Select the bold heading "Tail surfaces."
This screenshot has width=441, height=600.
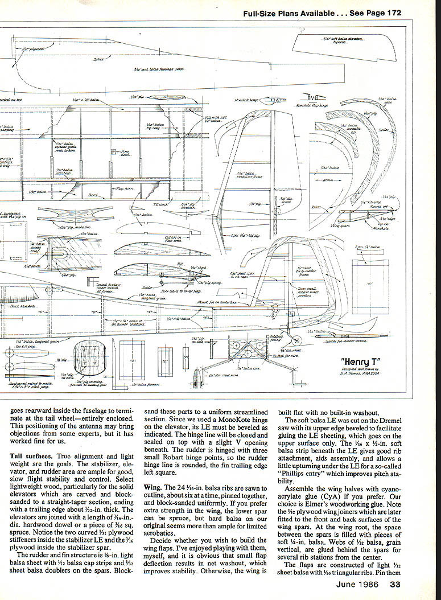pyautogui.click(x=32, y=457)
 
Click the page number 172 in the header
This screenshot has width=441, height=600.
pyautogui.click(x=393, y=13)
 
